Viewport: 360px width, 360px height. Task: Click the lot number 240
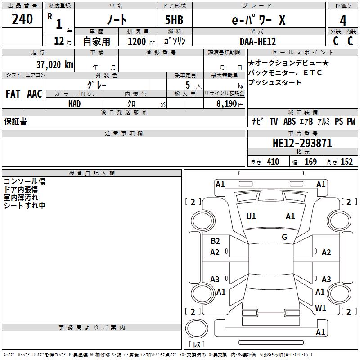[22, 19]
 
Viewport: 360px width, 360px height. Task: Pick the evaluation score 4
[343, 20]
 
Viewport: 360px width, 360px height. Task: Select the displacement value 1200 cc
[140, 41]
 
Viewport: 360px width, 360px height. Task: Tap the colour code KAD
[75, 103]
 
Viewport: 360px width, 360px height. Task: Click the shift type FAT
[13, 94]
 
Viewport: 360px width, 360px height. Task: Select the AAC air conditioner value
[35, 94]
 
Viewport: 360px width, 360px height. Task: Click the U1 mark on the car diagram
[251, 216]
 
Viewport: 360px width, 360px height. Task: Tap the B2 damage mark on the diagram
[215, 241]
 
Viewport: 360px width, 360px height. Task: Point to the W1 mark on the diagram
[320, 308]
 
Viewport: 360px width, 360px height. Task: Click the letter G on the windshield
[284, 237]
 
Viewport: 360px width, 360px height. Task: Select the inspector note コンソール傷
[24, 181]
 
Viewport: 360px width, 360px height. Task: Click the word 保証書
[15, 121]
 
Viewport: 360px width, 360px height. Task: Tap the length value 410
[273, 162]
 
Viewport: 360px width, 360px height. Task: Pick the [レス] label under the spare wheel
[196, 344]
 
